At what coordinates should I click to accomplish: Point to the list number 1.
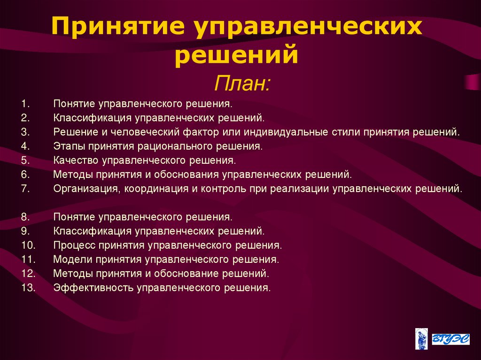pos(25,103)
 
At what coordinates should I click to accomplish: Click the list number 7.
pos(25,189)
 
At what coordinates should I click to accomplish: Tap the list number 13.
pos(28,288)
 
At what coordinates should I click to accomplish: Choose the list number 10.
pos(28,245)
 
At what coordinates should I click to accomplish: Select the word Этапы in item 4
pos(67,146)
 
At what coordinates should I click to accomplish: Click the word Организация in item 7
pos(82,189)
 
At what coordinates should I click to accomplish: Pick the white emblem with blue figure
pos(421,338)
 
